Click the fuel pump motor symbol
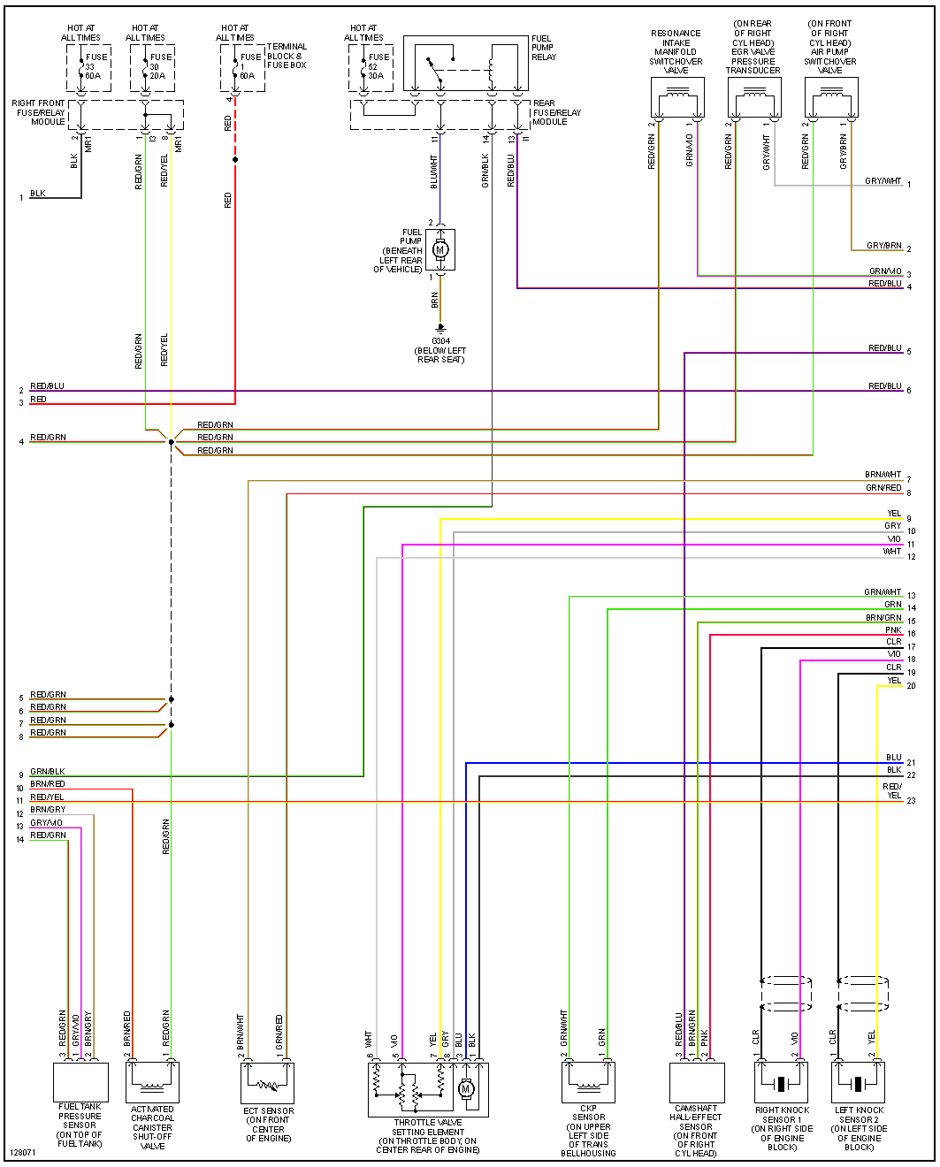(x=440, y=250)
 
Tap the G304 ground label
(x=440, y=341)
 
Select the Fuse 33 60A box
(x=88, y=67)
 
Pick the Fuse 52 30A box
(x=371, y=67)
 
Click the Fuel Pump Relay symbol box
(x=465, y=63)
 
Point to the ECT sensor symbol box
(x=267, y=1082)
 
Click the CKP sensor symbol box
(x=588, y=1082)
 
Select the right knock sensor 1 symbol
(x=781, y=1082)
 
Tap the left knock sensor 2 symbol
(x=858, y=1082)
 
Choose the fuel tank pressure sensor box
(x=80, y=1081)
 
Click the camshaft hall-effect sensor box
(x=697, y=1081)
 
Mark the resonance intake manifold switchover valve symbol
(x=677, y=97)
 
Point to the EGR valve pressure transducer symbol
(x=754, y=97)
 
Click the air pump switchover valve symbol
(x=831, y=97)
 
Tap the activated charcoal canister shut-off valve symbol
(x=152, y=1081)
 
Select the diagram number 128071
(x=24, y=1153)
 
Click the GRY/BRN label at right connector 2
(x=883, y=246)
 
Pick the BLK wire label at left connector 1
(x=38, y=194)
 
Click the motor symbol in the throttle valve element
(x=467, y=1089)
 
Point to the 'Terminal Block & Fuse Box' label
(x=287, y=56)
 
